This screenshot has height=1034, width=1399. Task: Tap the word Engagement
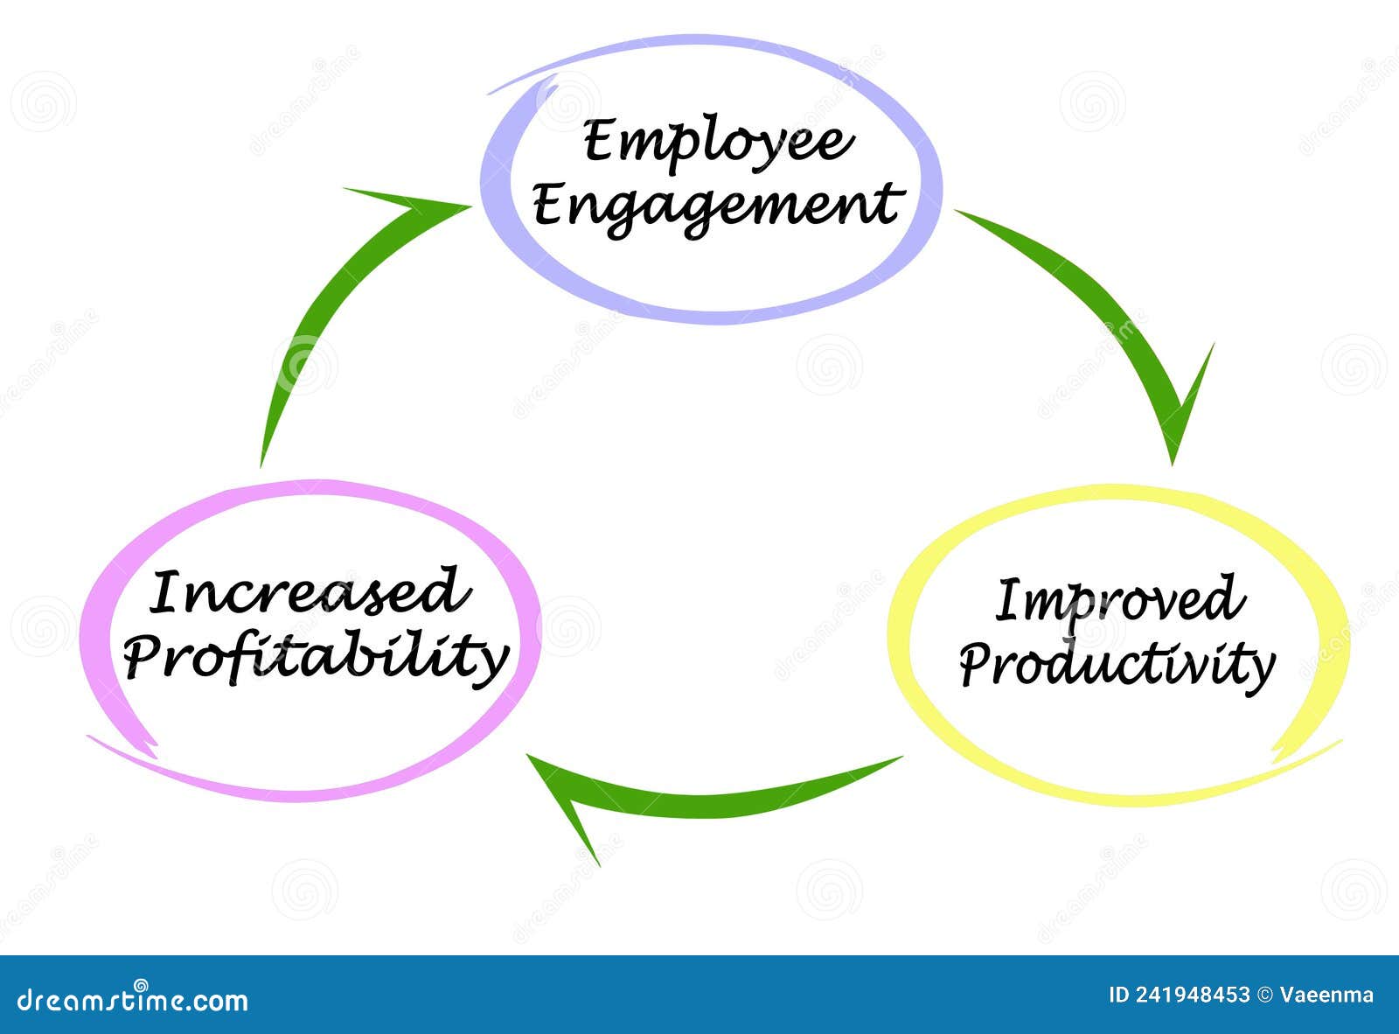pos(716,206)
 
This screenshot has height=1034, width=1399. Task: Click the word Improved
pos(1119,601)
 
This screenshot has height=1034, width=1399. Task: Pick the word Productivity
pos(1117,667)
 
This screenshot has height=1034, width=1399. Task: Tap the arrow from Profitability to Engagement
pos(341,297)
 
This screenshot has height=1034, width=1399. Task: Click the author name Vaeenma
pos(1326,995)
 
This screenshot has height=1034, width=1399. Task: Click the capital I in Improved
pos(1010,601)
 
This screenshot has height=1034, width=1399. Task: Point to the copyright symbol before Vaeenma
pos(1264,995)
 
